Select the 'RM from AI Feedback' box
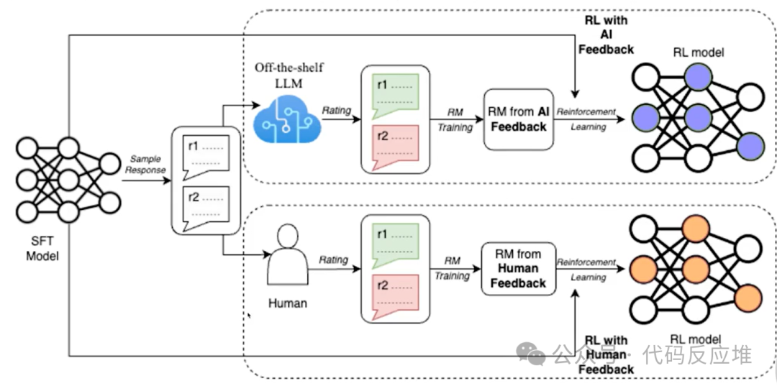518,119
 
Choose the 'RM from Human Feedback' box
518,268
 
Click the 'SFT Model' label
40,249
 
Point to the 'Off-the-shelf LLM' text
288,74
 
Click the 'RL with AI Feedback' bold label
605,35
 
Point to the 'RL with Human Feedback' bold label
605,354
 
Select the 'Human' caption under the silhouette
287,303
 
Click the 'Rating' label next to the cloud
336,110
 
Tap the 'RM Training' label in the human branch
452,268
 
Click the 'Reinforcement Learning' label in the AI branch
586,119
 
